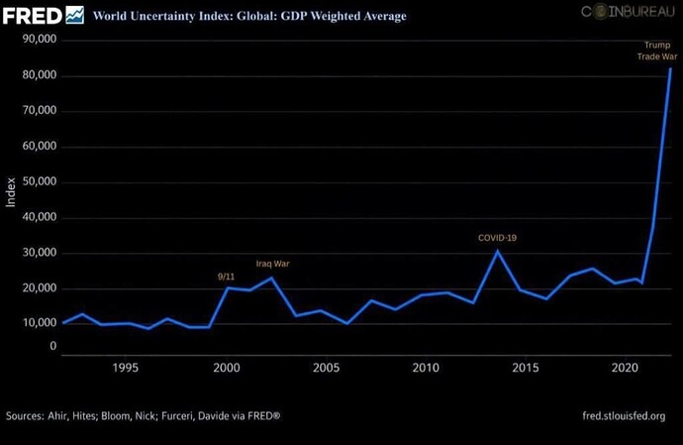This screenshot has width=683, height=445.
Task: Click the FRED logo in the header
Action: click(43, 15)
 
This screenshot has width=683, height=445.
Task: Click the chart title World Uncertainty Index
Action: click(249, 17)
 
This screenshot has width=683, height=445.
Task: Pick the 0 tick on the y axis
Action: click(53, 347)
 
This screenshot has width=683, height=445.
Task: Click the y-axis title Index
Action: click(11, 192)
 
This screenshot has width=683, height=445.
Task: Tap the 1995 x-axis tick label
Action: click(125, 369)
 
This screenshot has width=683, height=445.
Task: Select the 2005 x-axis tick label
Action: click(326, 369)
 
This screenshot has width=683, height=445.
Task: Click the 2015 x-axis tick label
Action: click(526, 369)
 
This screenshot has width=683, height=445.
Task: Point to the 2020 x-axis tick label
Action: click(626, 369)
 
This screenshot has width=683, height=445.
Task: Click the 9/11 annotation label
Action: click(226, 276)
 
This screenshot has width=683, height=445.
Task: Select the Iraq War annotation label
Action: click(272, 264)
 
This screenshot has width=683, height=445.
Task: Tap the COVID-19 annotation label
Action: click(497, 238)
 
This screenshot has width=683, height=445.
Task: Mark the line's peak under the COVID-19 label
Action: click(498, 251)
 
